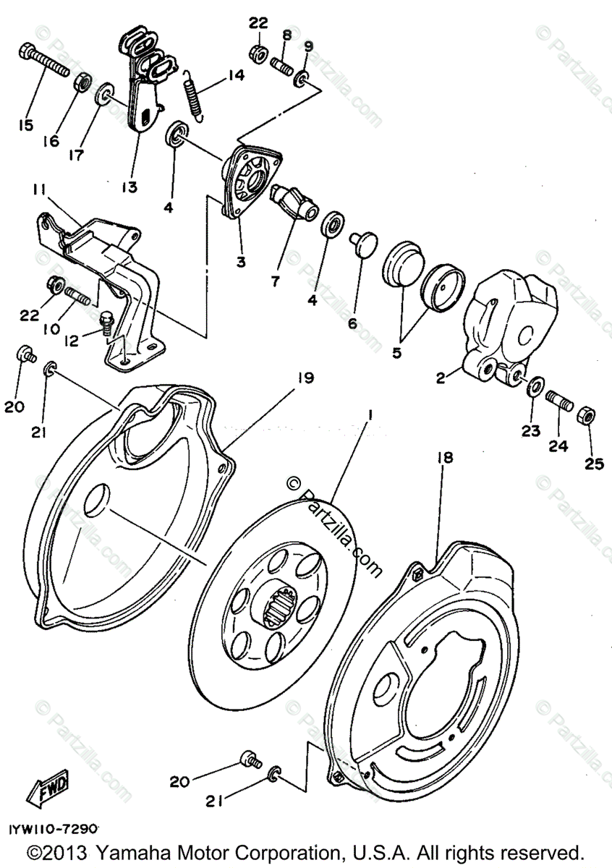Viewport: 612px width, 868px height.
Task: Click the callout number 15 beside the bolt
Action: (26, 125)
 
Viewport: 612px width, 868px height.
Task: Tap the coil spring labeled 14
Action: (194, 93)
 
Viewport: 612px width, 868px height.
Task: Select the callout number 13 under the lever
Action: (129, 187)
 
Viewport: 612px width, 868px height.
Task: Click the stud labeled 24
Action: (561, 401)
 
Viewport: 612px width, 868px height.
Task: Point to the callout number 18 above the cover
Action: (445, 457)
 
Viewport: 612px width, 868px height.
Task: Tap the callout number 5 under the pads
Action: (396, 354)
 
